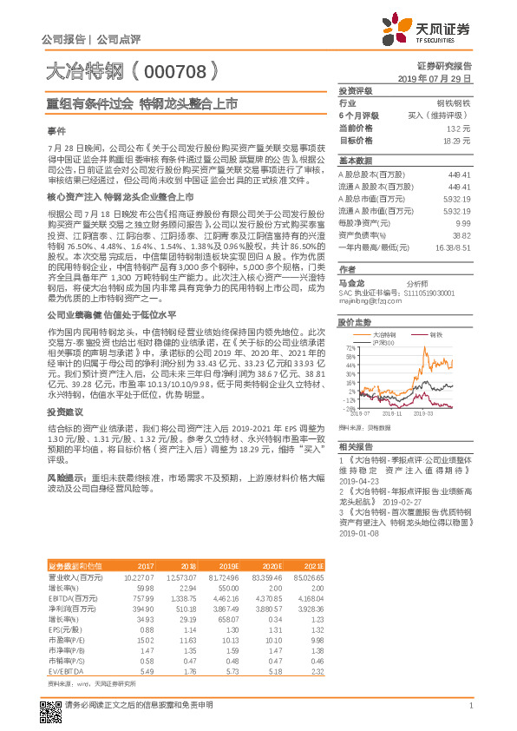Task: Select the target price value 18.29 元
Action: tap(457, 140)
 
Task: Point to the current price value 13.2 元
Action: tap(460, 127)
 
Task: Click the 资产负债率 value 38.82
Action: tap(461, 235)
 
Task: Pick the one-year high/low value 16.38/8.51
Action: tap(453, 247)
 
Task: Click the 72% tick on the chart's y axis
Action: tap(350, 346)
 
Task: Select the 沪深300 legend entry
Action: tap(383, 341)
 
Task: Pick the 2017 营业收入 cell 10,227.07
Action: tap(140, 576)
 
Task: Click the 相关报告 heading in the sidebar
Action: tap(354, 444)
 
